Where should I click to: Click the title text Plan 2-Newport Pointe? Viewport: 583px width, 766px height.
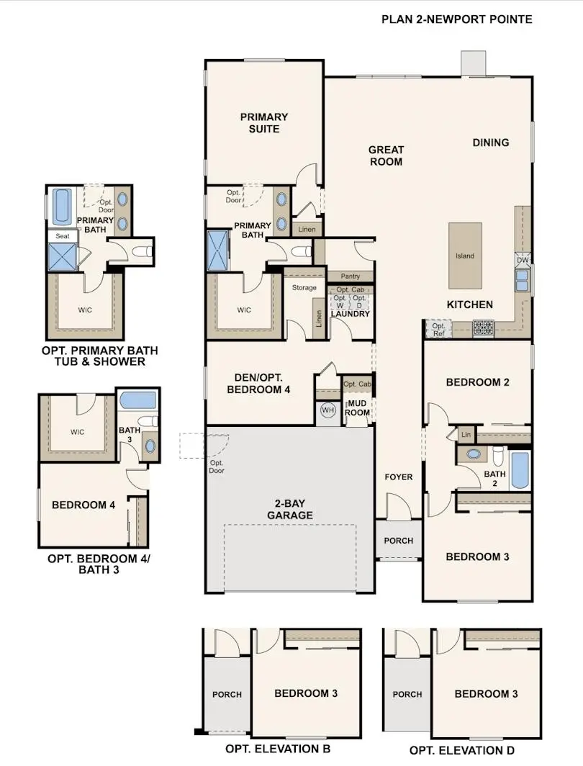[x=456, y=19]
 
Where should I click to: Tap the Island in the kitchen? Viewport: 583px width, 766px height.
[x=465, y=256]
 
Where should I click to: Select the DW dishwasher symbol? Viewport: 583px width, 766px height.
[x=523, y=260]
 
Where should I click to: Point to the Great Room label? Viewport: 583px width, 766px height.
[x=386, y=156]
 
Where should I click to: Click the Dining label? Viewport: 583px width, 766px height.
[x=490, y=143]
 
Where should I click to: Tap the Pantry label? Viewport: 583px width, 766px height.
[x=350, y=276]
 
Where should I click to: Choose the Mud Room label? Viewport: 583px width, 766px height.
[x=358, y=407]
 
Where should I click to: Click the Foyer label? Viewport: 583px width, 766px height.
[x=398, y=477]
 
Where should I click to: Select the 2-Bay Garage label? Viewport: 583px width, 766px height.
[x=291, y=510]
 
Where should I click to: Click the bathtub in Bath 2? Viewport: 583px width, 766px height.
[x=520, y=470]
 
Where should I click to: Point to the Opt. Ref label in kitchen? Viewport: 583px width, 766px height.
[x=438, y=329]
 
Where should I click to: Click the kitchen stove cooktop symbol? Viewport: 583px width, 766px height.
[x=482, y=328]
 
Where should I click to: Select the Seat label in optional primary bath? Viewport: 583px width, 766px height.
[x=62, y=235]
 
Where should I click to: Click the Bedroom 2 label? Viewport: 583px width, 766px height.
[x=477, y=382]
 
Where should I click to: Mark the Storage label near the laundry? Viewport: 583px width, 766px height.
[x=304, y=288]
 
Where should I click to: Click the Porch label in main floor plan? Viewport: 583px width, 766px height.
[x=398, y=541]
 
